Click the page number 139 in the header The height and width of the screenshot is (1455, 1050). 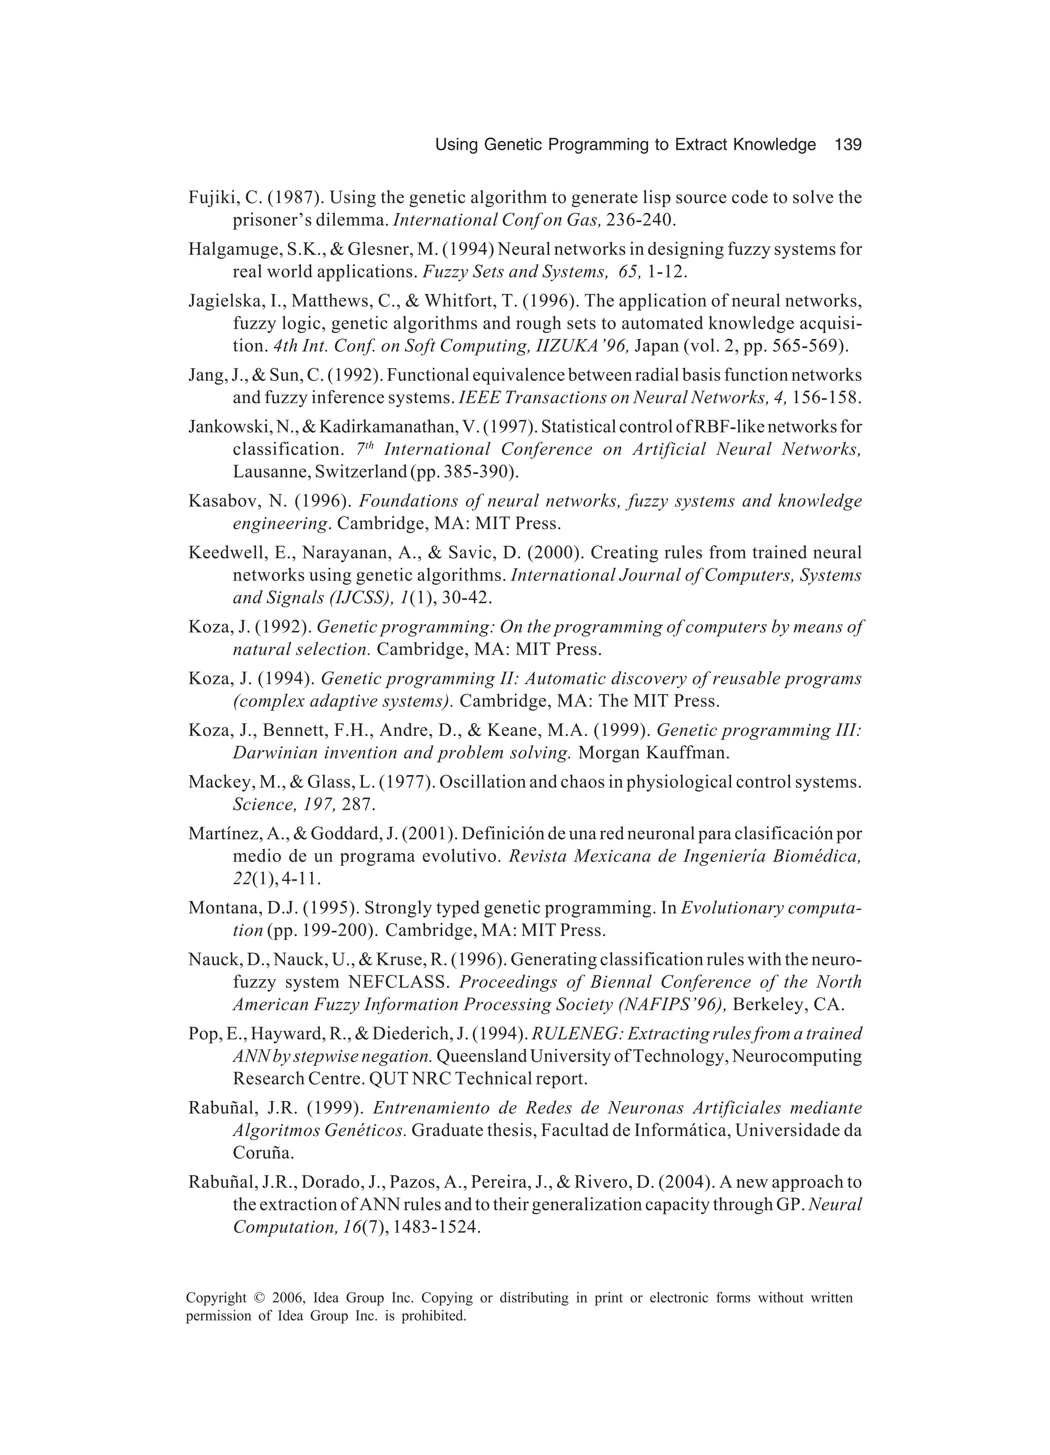tap(848, 145)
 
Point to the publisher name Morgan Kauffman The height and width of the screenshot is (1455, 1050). tap(653, 752)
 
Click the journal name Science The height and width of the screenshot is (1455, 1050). tap(259, 805)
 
